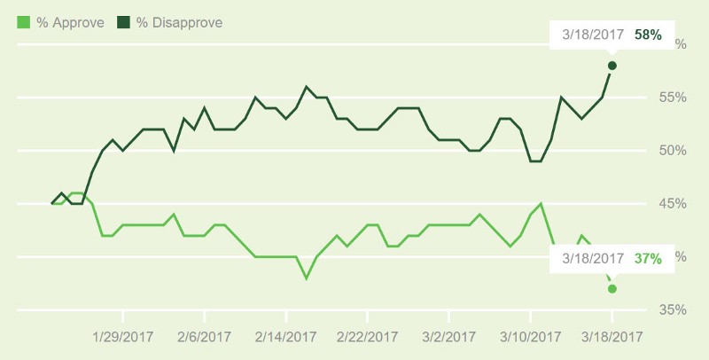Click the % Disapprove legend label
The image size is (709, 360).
click(179, 20)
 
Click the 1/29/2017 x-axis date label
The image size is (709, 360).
click(122, 337)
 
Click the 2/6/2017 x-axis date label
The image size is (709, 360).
click(204, 337)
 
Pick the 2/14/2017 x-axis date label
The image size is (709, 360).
click(285, 337)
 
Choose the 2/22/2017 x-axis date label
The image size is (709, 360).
click(367, 337)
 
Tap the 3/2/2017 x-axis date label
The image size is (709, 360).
click(448, 337)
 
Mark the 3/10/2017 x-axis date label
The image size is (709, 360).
click(530, 337)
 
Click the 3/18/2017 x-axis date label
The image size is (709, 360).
click(612, 337)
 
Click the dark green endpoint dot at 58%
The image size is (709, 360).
click(612, 66)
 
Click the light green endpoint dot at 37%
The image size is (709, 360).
click(612, 289)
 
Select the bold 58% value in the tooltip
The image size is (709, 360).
click(648, 35)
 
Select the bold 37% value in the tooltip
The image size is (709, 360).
click(648, 259)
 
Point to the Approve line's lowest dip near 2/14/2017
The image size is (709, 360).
click(307, 278)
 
